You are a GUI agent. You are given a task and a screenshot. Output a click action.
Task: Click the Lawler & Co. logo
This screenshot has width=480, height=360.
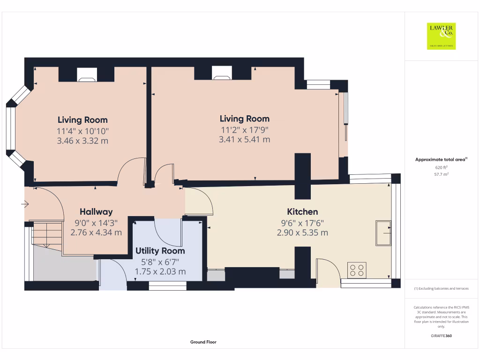(x=441, y=36)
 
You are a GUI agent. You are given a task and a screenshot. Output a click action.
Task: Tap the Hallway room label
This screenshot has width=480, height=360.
(x=96, y=212)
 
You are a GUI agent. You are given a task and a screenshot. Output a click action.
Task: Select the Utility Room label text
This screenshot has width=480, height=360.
(x=160, y=251)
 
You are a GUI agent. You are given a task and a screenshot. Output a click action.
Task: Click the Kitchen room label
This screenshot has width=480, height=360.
(x=302, y=212)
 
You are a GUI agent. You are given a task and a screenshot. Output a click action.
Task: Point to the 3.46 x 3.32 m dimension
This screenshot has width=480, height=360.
(x=82, y=141)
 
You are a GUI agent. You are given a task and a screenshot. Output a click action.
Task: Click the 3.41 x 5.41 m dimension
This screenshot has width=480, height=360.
(x=244, y=139)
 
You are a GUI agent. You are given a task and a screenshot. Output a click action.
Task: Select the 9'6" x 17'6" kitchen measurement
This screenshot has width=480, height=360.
(x=302, y=223)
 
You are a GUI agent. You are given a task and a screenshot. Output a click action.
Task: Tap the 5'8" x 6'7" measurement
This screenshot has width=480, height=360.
(x=160, y=262)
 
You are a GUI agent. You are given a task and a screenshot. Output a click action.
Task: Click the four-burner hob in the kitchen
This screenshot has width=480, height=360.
(x=357, y=270)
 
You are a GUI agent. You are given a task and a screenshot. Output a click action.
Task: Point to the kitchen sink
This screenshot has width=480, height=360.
(x=383, y=233)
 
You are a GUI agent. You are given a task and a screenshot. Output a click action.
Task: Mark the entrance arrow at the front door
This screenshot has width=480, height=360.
(x=25, y=204)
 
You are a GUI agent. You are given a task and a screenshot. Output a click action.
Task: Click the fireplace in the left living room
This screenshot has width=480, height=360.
(x=87, y=75)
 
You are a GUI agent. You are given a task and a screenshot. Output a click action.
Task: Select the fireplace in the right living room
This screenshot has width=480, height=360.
(x=222, y=73)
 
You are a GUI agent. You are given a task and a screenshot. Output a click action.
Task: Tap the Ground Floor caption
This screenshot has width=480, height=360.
(x=203, y=342)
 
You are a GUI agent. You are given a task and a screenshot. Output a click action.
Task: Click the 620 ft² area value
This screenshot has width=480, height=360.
(x=441, y=167)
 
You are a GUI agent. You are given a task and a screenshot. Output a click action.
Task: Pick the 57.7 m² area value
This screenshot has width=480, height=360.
(x=441, y=174)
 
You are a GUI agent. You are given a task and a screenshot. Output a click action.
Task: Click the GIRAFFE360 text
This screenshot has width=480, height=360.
(x=441, y=336)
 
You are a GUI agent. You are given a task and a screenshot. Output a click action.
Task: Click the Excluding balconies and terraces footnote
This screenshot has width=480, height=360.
(x=441, y=289)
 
